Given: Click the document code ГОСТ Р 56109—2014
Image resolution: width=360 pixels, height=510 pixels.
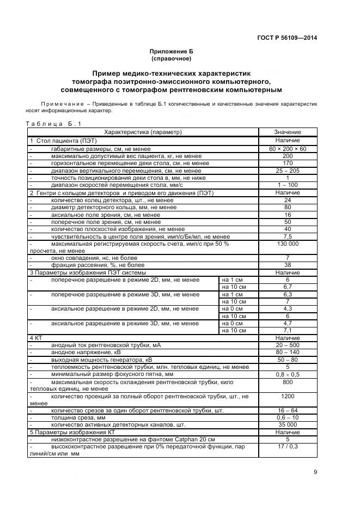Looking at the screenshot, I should point(286,38).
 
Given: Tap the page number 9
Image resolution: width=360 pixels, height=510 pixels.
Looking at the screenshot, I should point(315,472).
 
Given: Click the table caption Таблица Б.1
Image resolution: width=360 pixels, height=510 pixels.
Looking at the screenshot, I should point(54,124).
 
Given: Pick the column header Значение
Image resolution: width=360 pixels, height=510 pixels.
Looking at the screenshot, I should point(287,132).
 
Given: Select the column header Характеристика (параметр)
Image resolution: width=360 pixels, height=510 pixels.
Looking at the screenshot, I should point(143,132).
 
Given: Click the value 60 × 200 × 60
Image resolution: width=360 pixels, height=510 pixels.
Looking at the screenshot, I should point(287,149).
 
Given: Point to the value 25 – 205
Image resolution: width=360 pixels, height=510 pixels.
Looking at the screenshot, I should point(287,171).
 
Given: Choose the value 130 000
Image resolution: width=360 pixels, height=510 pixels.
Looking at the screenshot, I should point(287,244).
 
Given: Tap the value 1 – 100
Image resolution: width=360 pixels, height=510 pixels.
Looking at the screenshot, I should point(287,185).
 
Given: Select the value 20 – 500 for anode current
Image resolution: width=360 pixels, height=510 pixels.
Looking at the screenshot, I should point(287,345).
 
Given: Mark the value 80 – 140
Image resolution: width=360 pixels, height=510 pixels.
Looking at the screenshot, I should point(287,353).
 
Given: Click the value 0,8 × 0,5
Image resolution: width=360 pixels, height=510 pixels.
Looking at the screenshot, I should point(287,375).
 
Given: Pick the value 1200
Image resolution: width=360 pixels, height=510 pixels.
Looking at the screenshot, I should point(287,397).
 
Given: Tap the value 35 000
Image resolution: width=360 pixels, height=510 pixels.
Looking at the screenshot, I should point(287,424).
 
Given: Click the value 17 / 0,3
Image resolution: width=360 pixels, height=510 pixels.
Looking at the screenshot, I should point(287,446).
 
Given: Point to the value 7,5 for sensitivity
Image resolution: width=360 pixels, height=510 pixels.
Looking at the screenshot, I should point(287,237).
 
